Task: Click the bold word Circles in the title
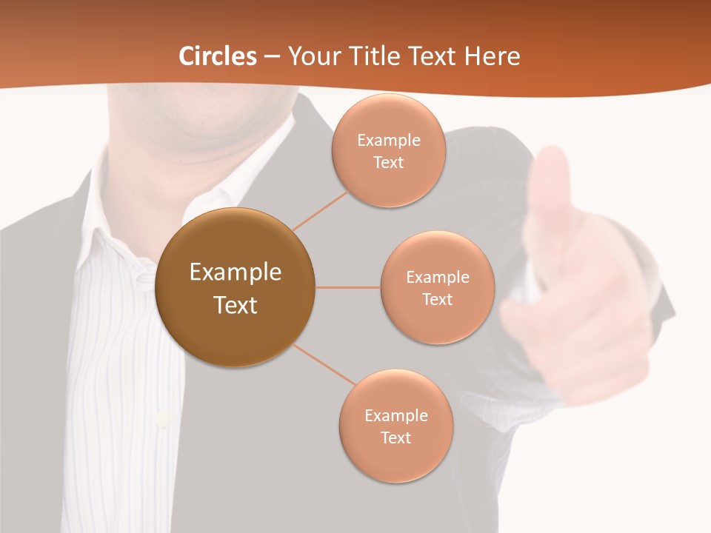pyautogui.click(x=218, y=56)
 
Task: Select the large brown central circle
pyautogui.click(x=235, y=287)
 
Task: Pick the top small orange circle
pyautogui.click(x=389, y=150)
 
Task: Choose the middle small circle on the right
pyautogui.click(x=438, y=287)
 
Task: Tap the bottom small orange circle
pyautogui.click(x=396, y=426)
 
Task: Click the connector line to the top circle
pyautogui.click(x=320, y=209)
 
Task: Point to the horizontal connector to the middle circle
pyautogui.click(x=348, y=287)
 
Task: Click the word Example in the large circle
pyautogui.click(x=235, y=272)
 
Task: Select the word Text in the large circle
pyautogui.click(x=235, y=305)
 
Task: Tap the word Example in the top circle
pyautogui.click(x=389, y=140)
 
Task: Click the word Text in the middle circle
pyautogui.click(x=437, y=299)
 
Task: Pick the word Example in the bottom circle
pyautogui.click(x=396, y=415)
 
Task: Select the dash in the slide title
pyautogui.click(x=271, y=56)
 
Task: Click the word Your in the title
pyautogui.click(x=310, y=56)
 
